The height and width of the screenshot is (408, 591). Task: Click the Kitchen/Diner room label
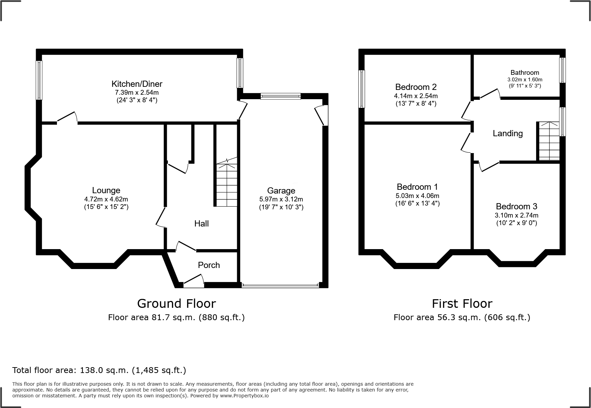(x=137, y=84)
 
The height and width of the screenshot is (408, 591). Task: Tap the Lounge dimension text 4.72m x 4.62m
(x=106, y=199)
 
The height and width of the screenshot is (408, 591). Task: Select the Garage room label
(x=281, y=190)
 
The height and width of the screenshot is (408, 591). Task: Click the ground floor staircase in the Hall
(x=227, y=185)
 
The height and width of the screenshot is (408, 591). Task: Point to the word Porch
(x=209, y=265)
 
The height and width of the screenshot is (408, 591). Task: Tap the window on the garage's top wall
(x=280, y=96)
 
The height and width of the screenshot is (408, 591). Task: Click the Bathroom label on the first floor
(x=524, y=72)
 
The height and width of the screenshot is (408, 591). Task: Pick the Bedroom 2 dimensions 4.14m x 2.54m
(x=416, y=96)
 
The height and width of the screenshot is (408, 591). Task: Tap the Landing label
(x=508, y=133)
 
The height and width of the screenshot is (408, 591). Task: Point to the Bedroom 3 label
(x=516, y=206)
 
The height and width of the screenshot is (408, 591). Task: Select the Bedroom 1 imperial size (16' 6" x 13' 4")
(x=417, y=203)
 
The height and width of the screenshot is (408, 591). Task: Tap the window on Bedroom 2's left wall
(x=361, y=89)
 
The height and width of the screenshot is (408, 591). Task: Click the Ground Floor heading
(x=176, y=303)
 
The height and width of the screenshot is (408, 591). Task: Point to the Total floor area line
(x=99, y=370)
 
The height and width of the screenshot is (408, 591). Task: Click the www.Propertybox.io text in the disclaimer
(x=244, y=396)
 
